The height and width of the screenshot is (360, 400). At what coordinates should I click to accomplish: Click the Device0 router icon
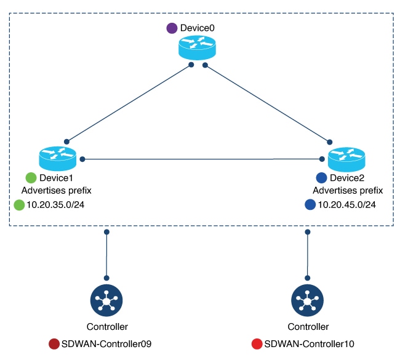click(x=198, y=47)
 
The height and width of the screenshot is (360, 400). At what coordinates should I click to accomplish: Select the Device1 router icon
click(x=57, y=158)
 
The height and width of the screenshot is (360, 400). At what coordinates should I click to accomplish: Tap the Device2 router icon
click(x=346, y=158)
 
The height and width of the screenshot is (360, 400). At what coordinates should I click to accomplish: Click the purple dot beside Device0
click(x=172, y=28)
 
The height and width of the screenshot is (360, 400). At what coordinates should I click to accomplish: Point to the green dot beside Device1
click(x=30, y=178)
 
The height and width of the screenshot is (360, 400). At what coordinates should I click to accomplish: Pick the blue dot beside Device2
click(x=321, y=178)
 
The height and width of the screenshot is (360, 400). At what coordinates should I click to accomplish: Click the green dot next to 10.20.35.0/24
click(x=19, y=205)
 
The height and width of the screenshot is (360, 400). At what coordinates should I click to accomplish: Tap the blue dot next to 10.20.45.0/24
click(x=310, y=205)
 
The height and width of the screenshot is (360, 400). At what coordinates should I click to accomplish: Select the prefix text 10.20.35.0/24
click(x=55, y=205)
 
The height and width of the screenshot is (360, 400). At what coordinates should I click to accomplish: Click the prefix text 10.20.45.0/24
click(x=346, y=205)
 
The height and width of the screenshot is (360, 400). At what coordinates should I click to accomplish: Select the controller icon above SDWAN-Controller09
click(x=107, y=301)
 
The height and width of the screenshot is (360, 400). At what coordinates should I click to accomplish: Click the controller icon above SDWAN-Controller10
click(x=307, y=301)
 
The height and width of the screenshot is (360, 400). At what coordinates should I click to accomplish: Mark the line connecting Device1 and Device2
click(x=203, y=159)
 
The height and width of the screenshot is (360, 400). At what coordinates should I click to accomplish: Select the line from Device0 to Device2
click(x=266, y=103)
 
